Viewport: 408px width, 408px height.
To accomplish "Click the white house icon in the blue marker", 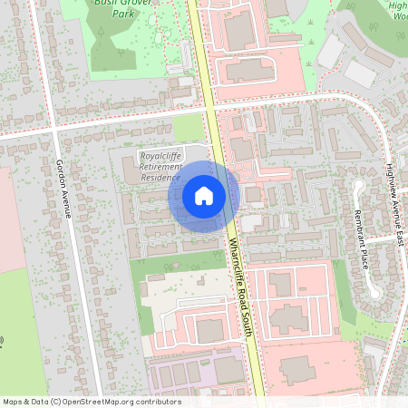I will pyautogui.click(x=204, y=196).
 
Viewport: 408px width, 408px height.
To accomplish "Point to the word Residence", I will pyautogui.click(x=160, y=178).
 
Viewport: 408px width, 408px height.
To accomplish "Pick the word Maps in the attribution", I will pyautogui.click(x=13, y=401).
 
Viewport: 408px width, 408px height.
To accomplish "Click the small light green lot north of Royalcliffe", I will pyautogui.click(x=188, y=128).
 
